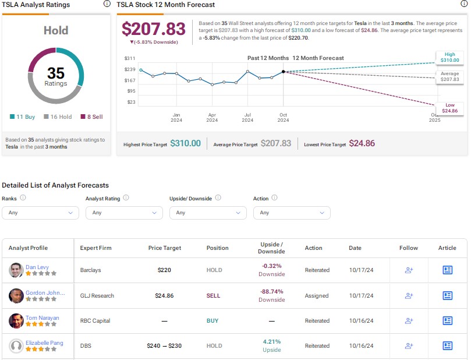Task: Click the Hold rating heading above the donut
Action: (x=56, y=30)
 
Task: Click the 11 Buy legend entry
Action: (x=22, y=117)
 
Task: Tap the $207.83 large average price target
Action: (x=153, y=29)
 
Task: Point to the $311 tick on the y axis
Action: (x=130, y=58)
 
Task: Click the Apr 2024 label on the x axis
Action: (x=212, y=117)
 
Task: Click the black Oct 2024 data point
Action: (x=284, y=72)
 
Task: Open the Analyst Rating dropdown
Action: (x=124, y=213)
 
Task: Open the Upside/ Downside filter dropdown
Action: (x=208, y=213)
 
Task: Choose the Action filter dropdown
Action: (x=291, y=213)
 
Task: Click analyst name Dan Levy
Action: (x=37, y=267)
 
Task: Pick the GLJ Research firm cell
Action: (x=97, y=296)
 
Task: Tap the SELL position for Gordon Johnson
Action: (x=213, y=296)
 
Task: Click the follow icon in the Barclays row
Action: (x=408, y=270)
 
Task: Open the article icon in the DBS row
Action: (x=447, y=346)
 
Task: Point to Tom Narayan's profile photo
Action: (x=16, y=321)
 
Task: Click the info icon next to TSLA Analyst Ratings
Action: (x=106, y=4)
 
